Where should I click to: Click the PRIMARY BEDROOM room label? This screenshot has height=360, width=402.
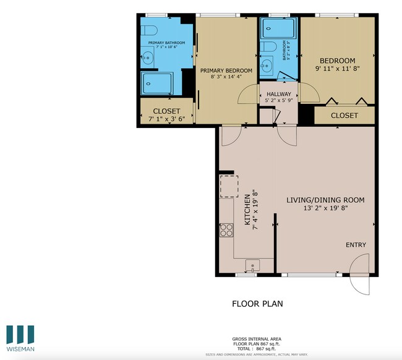pos(226,71)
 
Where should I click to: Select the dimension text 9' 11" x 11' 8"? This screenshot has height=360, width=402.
pos(337,69)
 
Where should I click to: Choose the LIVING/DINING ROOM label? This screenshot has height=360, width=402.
pos(325,200)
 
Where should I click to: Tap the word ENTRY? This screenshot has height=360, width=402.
pos(356,245)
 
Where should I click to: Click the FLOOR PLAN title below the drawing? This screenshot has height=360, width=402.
pos(257,304)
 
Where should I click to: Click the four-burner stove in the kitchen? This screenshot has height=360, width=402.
pos(226,230)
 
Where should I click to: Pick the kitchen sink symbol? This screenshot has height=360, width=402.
pos(252,266)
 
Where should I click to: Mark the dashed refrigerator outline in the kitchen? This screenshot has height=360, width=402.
pos(228,186)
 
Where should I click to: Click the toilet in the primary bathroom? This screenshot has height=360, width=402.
pos(150,30)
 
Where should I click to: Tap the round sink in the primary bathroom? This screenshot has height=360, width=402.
pos(147,59)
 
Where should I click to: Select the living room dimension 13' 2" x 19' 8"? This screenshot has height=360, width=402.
pos(325,209)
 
